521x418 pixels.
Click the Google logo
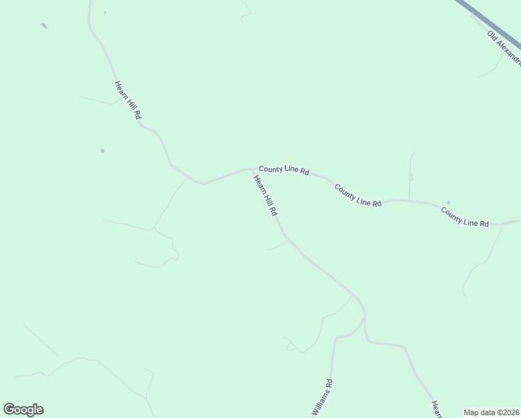23,410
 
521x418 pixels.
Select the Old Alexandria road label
504,47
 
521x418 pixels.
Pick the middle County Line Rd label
358,195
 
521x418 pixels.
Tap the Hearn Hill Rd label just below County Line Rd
266,196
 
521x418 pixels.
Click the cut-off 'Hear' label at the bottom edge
436,410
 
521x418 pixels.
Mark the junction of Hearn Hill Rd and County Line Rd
251,169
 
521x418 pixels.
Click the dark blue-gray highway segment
488,21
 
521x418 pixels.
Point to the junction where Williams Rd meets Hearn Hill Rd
364,318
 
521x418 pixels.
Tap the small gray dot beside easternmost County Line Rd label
448,203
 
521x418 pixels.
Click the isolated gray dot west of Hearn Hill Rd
102,150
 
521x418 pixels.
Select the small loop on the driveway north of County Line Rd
411,178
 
